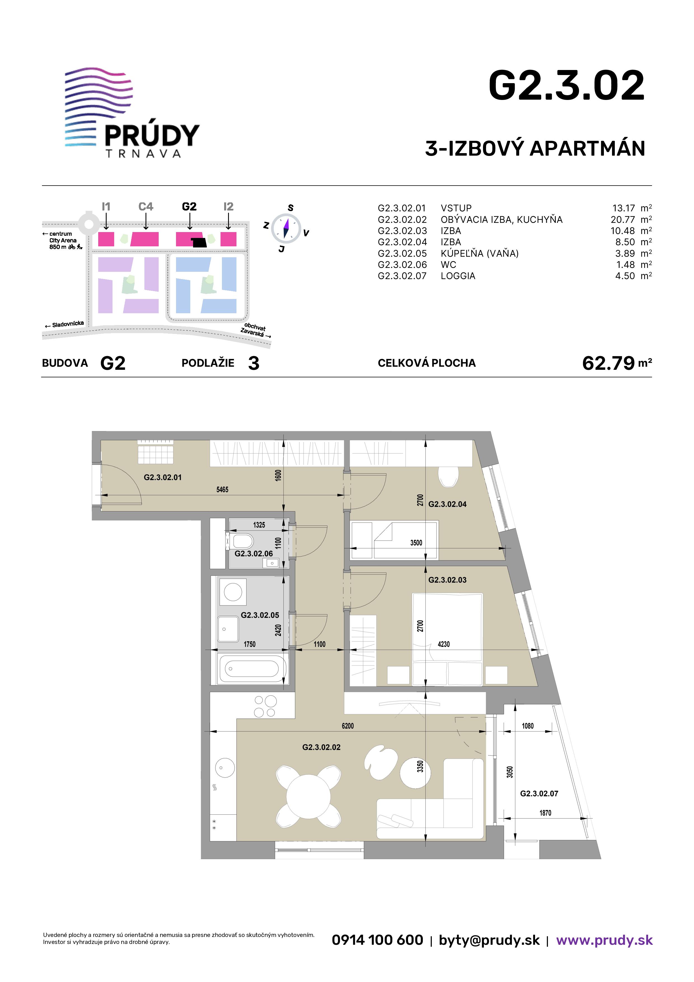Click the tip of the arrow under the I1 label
[x=106, y=229]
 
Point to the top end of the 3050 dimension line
[x=515, y=700]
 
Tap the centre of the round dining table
[x=308, y=797]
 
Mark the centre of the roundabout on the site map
[x=88, y=223]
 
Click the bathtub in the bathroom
[x=252, y=668]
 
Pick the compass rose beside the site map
[x=286, y=228]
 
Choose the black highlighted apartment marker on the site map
[x=199, y=242]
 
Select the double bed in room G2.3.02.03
[x=447, y=639]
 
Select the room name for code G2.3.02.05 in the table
[x=479, y=253]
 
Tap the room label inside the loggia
[x=539, y=793]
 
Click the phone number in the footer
[x=377, y=940]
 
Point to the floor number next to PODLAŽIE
[x=254, y=363]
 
